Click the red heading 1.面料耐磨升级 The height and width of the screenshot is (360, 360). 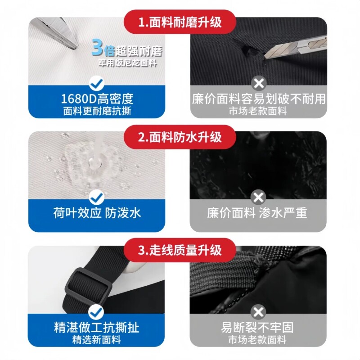[x=180, y=22]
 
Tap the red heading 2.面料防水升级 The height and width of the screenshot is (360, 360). [x=180, y=137]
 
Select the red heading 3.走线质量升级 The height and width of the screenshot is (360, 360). [x=180, y=250]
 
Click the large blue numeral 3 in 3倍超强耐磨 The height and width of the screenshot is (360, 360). [x=97, y=48]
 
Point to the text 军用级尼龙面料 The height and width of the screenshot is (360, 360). [x=128, y=63]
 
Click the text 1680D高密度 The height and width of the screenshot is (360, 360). [x=97, y=99]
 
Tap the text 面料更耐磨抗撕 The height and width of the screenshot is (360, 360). [x=97, y=111]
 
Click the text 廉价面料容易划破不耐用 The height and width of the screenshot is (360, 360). [x=258, y=99]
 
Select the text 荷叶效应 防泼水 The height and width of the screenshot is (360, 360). [x=97, y=213]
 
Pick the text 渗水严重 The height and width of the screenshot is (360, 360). [x=283, y=213]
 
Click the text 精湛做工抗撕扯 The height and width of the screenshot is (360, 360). [x=97, y=327]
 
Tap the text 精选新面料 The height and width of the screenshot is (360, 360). [x=97, y=340]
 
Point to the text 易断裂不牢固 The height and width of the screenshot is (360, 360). [x=257, y=327]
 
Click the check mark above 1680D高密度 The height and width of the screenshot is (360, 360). [x=97, y=83]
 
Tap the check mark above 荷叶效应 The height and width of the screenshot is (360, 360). [x=97, y=197]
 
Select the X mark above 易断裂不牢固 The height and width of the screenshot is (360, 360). [x=258, y=312]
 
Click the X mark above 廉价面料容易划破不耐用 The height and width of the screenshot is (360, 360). [x=259, y=83]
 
